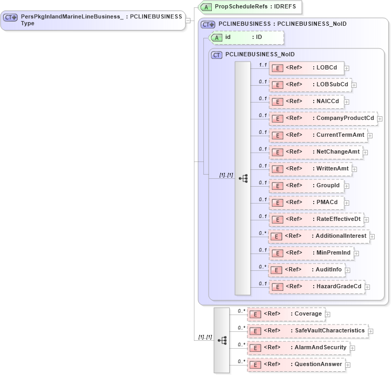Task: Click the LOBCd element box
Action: pos(306,68)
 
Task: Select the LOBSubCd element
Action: pos(310,85)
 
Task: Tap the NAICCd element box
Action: pos(306,102)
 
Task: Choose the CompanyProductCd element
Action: pos(323,118)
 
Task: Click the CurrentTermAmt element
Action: pos(318,135)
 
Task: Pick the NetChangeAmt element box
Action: pos(315,152)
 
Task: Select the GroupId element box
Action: pos(306,186)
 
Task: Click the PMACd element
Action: pos(306,202)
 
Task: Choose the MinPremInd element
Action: pos(311,253)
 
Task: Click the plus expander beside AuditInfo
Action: pos(348,270)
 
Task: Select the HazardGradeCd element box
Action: pos(316,287)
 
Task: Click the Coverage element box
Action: pos(286,314)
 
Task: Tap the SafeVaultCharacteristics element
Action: pos(307,331)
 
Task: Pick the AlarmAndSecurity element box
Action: pos(298,348)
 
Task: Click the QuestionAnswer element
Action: pos(296,364)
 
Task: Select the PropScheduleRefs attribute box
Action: pos(250,7)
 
